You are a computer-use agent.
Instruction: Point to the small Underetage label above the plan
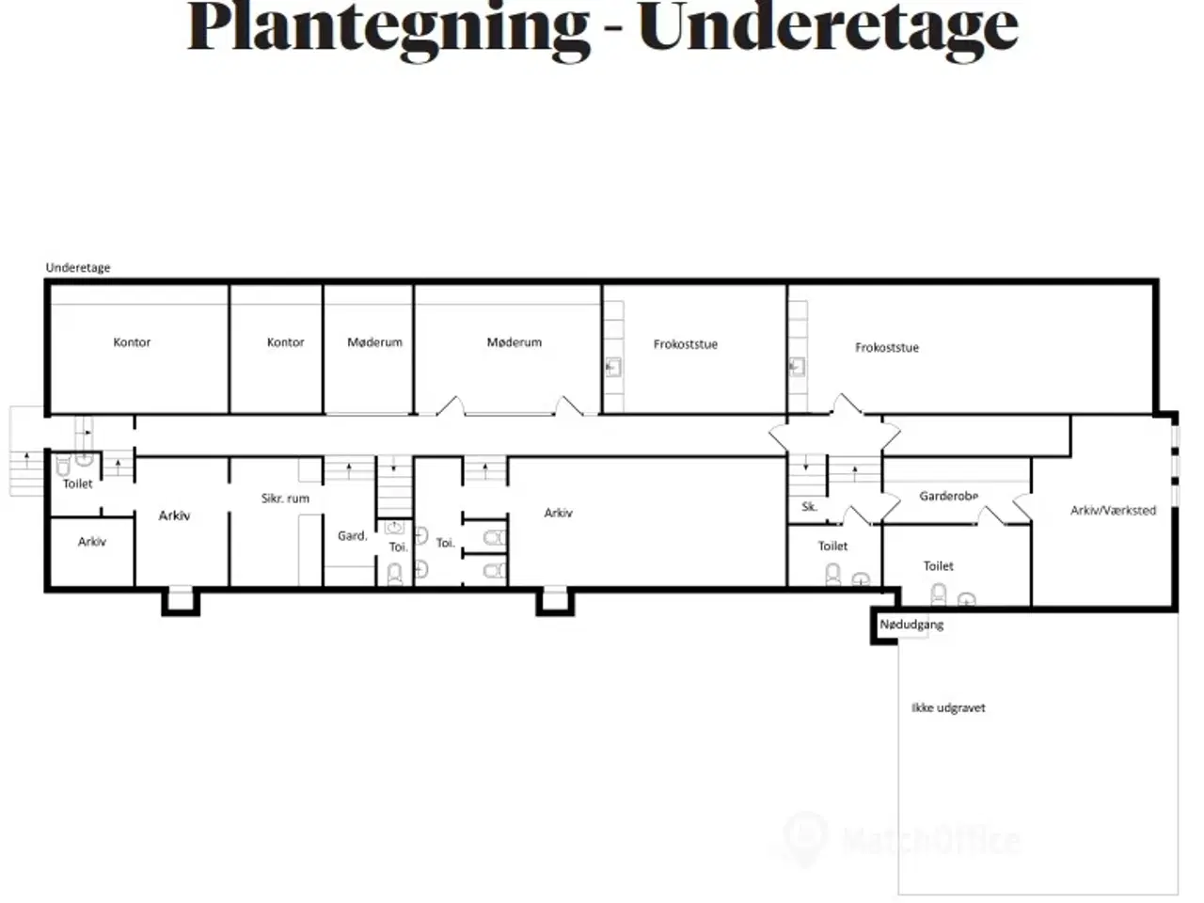tap(78, 267)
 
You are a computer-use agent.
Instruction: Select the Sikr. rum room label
tap(285, 499)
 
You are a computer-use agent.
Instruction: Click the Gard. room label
tap(352, 535)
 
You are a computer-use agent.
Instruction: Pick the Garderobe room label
tap(948, 497)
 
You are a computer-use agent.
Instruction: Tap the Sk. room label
tap(809, 507)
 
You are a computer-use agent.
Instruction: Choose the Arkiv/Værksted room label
tap(1113, 511)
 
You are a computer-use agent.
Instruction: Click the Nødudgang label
tap(911, 625)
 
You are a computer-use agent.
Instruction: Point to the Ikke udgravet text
tap(948, 707)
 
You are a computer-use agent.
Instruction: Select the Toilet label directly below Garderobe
tap(938, 566)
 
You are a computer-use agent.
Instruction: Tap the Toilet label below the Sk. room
tap(832, 547)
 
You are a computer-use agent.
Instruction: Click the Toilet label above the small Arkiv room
tap(78, 483)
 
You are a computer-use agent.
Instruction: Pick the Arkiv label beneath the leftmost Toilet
tap(91, 542)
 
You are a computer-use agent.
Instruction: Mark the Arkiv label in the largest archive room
tap(559, 513)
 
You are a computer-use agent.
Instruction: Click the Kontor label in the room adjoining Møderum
tap(285, 342)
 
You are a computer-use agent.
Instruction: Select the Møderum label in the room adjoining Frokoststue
tap(515, 342)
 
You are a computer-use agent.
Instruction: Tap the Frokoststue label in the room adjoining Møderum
tap(686, 344)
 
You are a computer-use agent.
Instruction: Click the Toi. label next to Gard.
tap(398, 547)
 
